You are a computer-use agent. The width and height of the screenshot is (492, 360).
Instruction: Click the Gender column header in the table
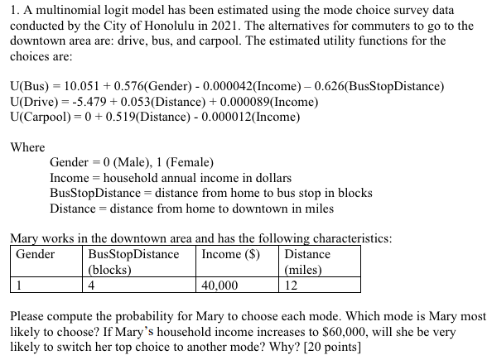click(x=36, y=254)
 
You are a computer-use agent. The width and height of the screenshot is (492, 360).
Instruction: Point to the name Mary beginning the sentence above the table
click(x=25, y=238)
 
